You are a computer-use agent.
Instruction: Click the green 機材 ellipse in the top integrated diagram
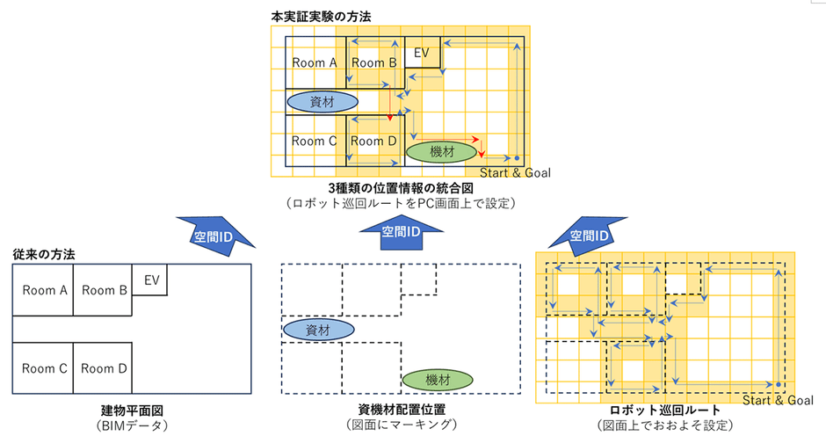coord(442,152)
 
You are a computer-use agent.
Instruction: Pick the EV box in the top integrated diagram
coord(421,54)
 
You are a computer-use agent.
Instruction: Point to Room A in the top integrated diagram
coord(314,63)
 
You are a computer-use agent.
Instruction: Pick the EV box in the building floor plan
coord(150,280)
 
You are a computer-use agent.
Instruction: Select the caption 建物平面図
coord(131,410)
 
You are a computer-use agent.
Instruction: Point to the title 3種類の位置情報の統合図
coord(400,188)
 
